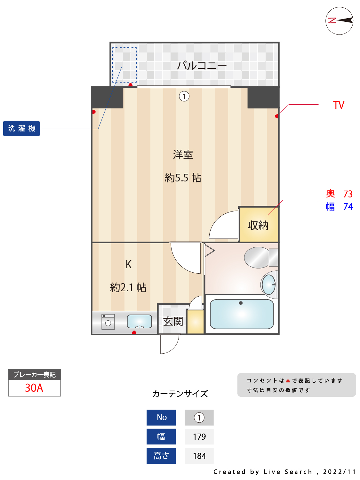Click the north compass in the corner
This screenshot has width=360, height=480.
[x=339, y=21]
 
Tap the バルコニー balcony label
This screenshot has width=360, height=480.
[x=202, y=66]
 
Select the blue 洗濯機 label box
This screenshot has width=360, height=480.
[x=21, y=128]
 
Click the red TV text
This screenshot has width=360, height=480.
[x=338, y=105]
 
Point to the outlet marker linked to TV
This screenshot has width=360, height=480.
[x=276, y=116]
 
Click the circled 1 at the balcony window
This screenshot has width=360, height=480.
[x=184, y=96]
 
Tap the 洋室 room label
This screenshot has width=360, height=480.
[x=183, y=155]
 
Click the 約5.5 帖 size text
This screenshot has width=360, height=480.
[x=183, y=178]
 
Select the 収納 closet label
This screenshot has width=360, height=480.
[x=258, y=225]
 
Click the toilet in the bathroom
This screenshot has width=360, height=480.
[x=261, y=257]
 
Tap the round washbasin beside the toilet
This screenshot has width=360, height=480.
[x=268, y=284]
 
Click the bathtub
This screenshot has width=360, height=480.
[x=242, y=314]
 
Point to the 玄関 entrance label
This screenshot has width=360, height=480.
[x=173, y=322]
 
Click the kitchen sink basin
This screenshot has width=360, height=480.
[x=139, y=321]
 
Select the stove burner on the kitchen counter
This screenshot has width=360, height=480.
[x=108, y=322]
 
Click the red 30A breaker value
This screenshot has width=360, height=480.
[x=34, y=388]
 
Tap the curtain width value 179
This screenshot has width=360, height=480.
[x=199, y=436]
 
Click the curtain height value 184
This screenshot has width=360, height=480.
[x=199, y=456]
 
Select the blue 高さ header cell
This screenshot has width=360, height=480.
[x=161, y=456]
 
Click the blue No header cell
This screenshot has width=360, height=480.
[x=161, y=418]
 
